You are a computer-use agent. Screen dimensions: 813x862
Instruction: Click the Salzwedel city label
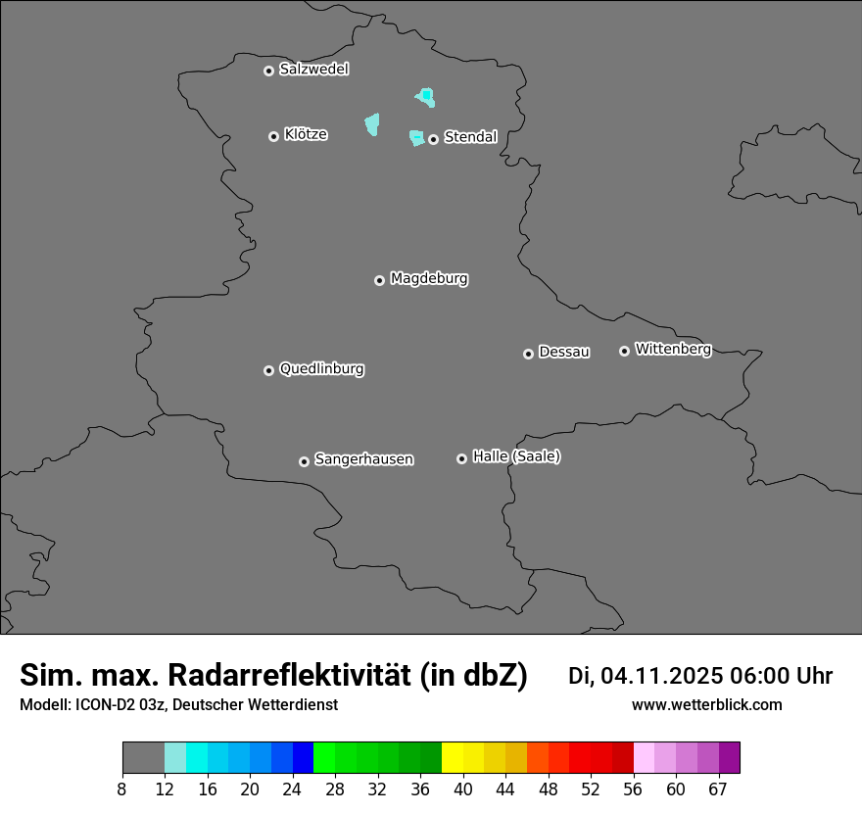coord(313,70)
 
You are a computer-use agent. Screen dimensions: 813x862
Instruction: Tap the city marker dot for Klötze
coord(273,136)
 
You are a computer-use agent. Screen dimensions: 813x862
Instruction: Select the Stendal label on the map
coord(470,137)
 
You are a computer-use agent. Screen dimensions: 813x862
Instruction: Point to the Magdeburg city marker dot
coord(379,280)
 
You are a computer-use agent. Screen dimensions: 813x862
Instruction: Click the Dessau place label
coord(564,352)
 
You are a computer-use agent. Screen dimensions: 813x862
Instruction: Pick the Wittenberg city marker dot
coord(624,351)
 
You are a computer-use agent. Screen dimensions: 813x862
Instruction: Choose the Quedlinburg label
coord(321,369)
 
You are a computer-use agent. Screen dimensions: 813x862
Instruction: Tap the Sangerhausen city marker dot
coord(304,461)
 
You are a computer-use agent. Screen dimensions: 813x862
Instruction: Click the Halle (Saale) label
coord(516,456)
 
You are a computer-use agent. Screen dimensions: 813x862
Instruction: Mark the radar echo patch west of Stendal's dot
coord(416,138)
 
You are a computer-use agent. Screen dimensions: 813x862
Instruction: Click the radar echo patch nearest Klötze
coord(372,124)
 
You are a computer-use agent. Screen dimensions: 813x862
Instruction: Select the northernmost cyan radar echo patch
coord(426,97)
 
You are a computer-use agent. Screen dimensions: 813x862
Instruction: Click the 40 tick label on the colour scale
coord(463,789)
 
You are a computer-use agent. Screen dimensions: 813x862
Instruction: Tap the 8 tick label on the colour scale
coord(122,789)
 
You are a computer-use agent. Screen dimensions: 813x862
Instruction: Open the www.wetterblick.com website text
coord(706,705)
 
